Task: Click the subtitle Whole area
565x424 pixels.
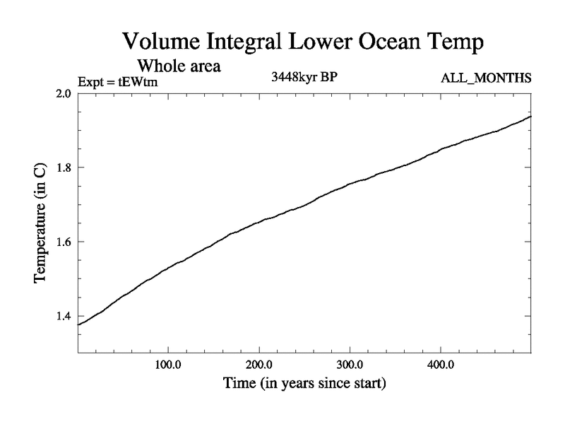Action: click(x=183, y=66)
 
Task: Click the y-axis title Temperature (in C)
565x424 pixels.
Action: click(x=41, y=223)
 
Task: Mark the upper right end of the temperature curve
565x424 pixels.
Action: click(x=530, y=116)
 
